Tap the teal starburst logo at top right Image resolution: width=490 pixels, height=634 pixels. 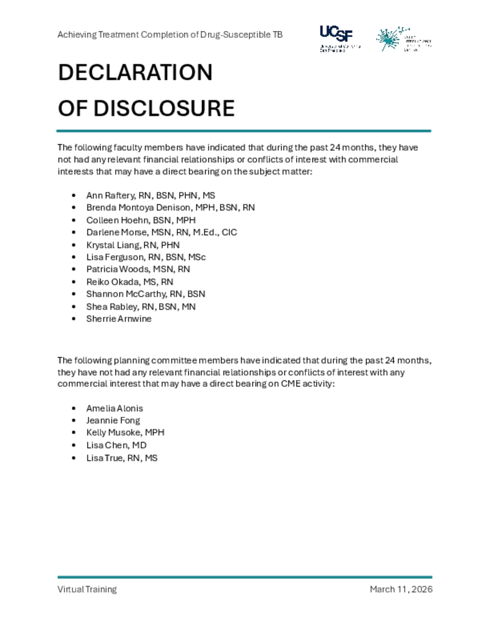pos(390,39)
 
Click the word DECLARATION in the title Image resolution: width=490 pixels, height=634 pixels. pos(135,73)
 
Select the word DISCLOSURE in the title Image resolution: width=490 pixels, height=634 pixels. pos(164,109)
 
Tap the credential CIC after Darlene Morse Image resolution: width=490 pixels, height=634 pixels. pos(229,232)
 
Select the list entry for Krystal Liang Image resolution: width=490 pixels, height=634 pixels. pos(133,245)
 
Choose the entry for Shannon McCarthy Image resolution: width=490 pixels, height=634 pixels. pos(146,294)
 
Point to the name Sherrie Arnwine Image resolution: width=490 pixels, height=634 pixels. pos(119,319)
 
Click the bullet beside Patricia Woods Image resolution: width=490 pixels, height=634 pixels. pos(74,269)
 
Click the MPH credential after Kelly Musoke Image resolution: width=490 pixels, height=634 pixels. pos(155,433)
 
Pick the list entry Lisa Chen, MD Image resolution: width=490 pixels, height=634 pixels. pos(116,445)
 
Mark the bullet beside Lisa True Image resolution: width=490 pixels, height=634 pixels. pos(74,458)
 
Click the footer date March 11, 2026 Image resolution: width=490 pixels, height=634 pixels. pos(401,589)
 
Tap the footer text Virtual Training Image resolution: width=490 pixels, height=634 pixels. pos(87,589)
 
